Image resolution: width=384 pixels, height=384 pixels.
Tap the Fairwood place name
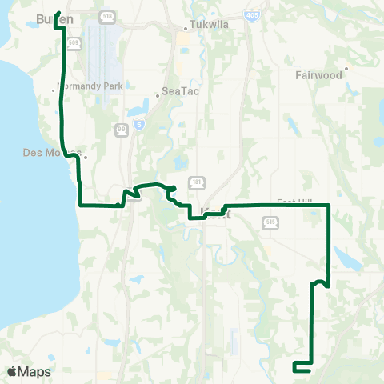(x=321, y=75)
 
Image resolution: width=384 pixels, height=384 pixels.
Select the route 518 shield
(x=108, y=15)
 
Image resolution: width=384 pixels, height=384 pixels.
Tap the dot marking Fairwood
(x=346, y=69)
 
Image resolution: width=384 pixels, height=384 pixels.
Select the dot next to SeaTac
(x=158, y=91)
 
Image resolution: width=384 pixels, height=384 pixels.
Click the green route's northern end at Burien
(x=59, y=13)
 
